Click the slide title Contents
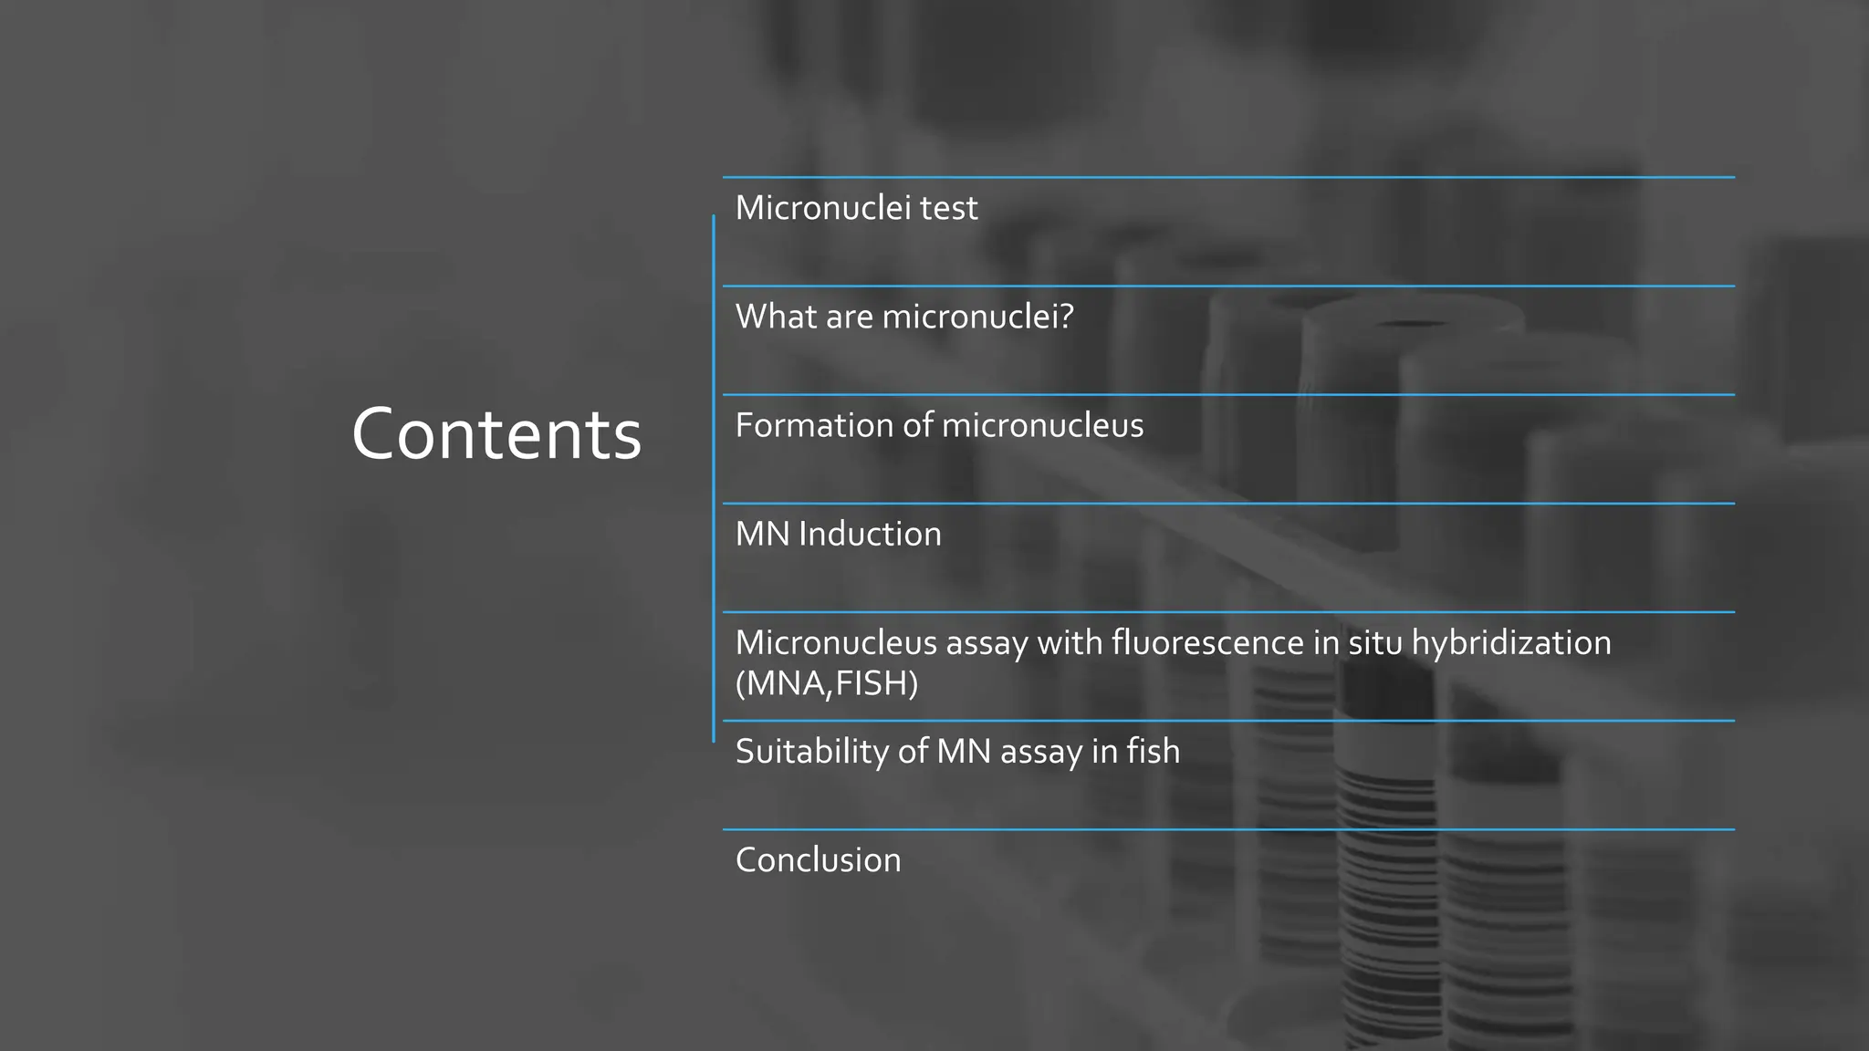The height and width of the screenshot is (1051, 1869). pyautogui.click(x=496, y=434)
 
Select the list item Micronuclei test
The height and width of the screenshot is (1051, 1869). pyautogui.click(x=856, y=208)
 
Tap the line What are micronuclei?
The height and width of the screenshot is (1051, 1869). pyautogui.click(x=904, y=317)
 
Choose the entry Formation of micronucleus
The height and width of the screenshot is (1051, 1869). pyautogui.click(x=939, y=425)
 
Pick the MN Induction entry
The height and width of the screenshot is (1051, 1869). pyautogui.click(x=838, y=534)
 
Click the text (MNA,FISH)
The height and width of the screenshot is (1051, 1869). pyautogui.click(x=826, y=682)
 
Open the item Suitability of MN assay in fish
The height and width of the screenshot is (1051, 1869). pyautogui.click(x=957, y=751)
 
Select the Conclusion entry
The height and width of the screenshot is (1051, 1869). pyautogui.click(x=818, y=859)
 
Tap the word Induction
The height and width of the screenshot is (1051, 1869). pyautogui.click(x=870, y=534)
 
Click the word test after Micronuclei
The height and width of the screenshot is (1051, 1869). pyautogui.click(x=948, y=208)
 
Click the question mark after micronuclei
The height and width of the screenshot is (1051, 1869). pyautogui.click(x=1065, y=317)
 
